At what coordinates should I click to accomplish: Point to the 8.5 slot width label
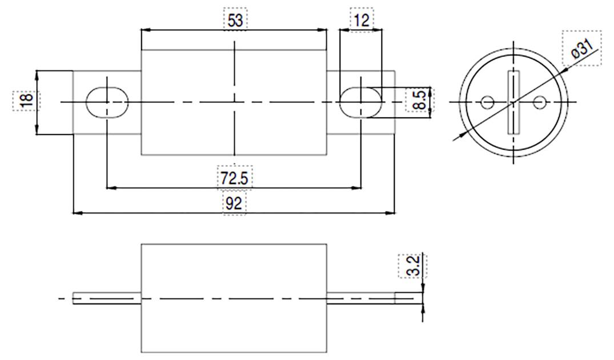pyautogui.click(x=419, y=101)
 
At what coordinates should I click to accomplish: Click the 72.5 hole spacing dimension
pyautogui.click(x=234, y=178)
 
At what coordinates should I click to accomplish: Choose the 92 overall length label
pyautogui.click(x=234, y=203)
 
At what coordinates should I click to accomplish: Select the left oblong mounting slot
pyautogui.click(x=107, y=102)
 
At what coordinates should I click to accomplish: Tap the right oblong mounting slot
pyautogui.click(x=361, y=102)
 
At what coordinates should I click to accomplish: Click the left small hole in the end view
pyautogui.click(x=487, y=102)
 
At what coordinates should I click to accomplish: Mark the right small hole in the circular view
pyautogui.click(x=540, y=102)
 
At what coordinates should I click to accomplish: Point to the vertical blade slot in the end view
pyautogui.click(x=513, y=102)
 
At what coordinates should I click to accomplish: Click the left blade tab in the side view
pyautogui.click(x=107, y=298)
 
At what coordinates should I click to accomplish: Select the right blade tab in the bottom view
pyautogui.click(x=361, y=298)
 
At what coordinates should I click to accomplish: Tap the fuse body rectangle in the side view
pyautogui.click(x=234, y=298)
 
